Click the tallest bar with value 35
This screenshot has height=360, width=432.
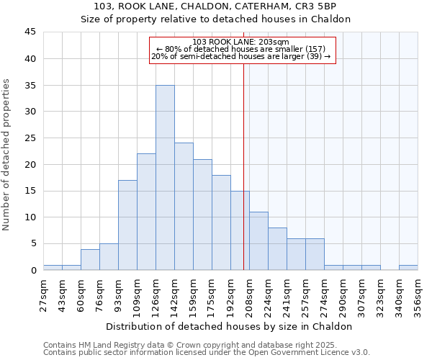click(165, 177)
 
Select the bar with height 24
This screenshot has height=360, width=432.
click(184, 207)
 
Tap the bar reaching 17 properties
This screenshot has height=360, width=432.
click(127, 225)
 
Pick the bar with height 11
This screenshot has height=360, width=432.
click(258, 240)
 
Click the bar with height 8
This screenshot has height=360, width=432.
click(277, 248)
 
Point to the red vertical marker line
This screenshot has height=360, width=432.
click(243, 180)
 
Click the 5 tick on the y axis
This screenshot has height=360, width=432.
click(33, 243)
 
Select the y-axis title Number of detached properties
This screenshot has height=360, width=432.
click(7, 155)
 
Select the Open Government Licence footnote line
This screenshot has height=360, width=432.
click(207, 352)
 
